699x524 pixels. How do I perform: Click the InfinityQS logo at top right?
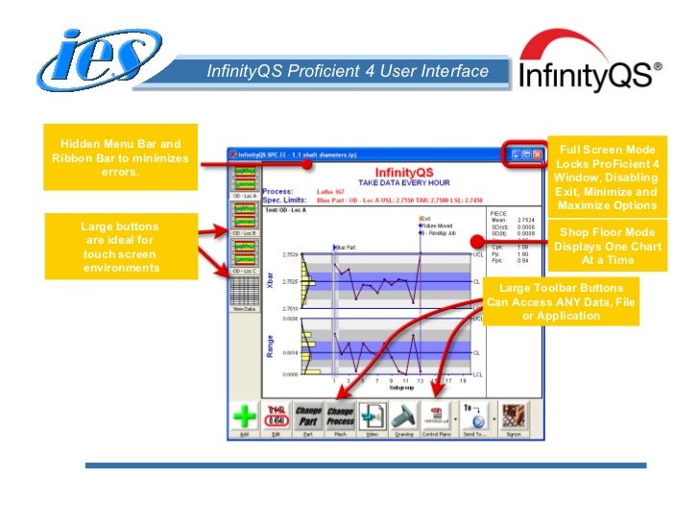click(x=589, y=68)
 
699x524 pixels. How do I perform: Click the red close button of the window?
click(x=538, y=155)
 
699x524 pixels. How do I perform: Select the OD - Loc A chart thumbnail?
click(x=244, y=179)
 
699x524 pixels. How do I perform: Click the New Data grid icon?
click(x=244, y=293)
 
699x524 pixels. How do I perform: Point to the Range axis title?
click(x=270, y=345)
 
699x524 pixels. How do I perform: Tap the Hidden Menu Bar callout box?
click(x=120, y=158)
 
